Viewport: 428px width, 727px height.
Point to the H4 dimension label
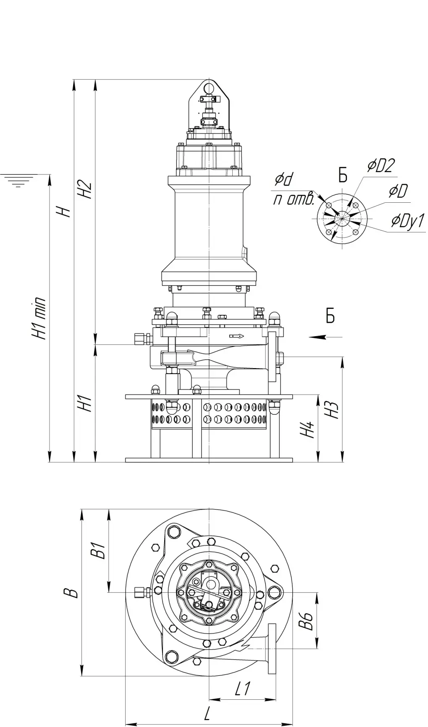[x=309, y=429]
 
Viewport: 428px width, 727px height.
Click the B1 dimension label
[x=99, y=551]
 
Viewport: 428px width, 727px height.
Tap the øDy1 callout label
[x=408, y=220]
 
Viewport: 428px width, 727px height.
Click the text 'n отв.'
[x=294, y=199]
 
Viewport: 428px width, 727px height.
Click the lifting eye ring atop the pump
[x=209, y=88]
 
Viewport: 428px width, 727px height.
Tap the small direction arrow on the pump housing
[x=236, y=336]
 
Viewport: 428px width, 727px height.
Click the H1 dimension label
[x=86, y=403]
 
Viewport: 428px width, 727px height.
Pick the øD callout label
[x=398, y=191]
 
